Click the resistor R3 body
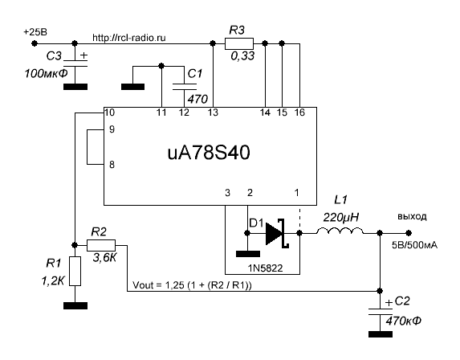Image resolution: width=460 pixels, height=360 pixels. (239, 43)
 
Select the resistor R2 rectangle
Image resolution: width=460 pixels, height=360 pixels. (101, 245)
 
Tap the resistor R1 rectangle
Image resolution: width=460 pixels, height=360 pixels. (75, 271)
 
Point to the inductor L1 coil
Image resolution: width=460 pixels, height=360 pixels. (340, 231)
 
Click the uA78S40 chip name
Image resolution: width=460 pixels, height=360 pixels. (209, 153)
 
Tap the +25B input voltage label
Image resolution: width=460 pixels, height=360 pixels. (35, 31)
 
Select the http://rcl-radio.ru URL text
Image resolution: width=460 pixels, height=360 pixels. (129, 38)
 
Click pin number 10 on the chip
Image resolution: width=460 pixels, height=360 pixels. (110, 112)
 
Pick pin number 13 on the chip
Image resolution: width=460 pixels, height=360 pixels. (213, 112)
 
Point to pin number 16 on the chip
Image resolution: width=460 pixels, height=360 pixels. (299, 112)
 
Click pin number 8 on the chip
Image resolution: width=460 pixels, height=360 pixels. (112, 165)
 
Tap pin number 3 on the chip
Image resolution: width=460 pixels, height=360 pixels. (227, 193)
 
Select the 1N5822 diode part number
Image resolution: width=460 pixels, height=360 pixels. (266, 268)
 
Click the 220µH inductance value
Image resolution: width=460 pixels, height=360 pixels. (341, 218)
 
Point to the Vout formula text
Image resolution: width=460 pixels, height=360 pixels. (192, 285)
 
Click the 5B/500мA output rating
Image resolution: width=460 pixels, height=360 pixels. (414, 245)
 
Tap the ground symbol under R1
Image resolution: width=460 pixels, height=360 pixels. (75, 305)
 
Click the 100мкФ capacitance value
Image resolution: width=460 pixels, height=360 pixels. (46, 73)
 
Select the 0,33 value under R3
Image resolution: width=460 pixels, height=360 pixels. (242, 55)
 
